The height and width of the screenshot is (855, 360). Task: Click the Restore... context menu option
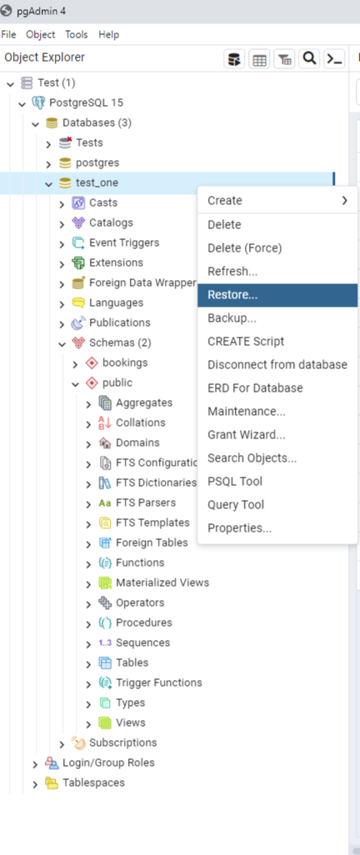(232, 295)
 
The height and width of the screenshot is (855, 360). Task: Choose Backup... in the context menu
(232, 318)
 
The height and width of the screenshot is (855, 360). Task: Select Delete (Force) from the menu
(244, 248)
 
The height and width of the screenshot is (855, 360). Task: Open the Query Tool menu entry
(236, 505)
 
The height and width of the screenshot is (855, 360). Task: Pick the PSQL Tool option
(234, 482)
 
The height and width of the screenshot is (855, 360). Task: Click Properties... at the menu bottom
(239, 528)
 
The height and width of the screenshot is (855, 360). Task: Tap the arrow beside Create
(345, 201)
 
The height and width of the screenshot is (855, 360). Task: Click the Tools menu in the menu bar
(77, 34)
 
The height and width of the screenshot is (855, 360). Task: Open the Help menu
(108, 34)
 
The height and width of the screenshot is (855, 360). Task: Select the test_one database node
(97, 182)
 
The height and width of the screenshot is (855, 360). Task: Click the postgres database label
(97, 162)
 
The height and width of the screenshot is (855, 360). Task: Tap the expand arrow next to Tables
(88, 663)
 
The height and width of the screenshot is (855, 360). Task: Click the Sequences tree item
(142, 642)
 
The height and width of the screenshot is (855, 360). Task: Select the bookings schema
(125, 362)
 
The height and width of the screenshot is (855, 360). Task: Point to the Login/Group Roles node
(108, 762)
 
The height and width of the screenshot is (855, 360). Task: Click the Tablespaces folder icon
(52, 783)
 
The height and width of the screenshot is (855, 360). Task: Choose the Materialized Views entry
(162, 582)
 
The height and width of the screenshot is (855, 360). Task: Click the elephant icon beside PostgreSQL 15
(38, 102)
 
